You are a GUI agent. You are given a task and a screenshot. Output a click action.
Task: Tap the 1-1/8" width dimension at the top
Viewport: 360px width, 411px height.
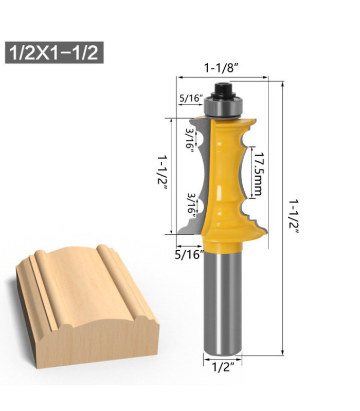coord(222,67)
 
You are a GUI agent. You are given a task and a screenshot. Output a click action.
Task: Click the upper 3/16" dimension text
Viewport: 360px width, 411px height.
coord(189,139)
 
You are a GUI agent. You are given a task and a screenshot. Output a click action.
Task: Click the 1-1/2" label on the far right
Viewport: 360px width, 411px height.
coord(293,216)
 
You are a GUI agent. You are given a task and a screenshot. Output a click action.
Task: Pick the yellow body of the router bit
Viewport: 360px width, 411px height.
coord(226,175)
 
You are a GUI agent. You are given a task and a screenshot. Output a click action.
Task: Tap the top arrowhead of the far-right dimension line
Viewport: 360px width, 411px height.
coord(282,83)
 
